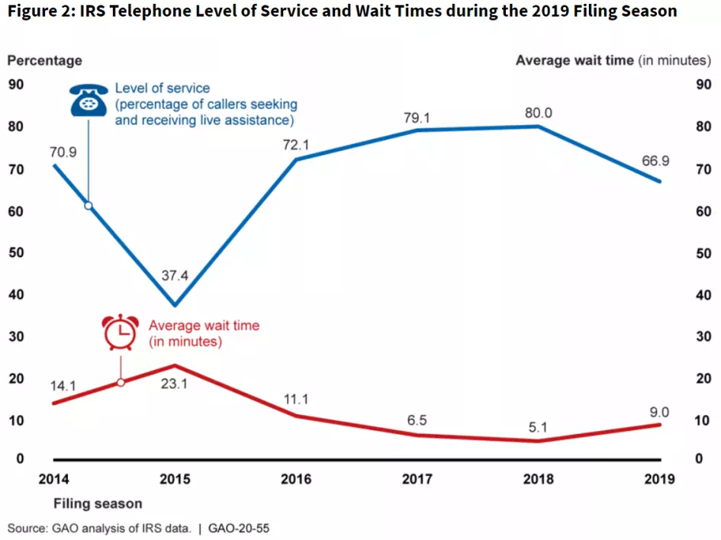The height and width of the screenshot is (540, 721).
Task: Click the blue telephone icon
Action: coord(89,101)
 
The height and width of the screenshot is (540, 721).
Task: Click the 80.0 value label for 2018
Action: coord(539,113)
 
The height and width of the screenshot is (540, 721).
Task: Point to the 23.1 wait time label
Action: coord(175,384)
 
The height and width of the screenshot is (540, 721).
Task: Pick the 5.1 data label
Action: coord(539,428)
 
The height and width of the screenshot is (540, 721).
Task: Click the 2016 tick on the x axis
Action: coord(296,479)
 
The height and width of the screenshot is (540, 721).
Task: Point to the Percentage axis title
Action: coord(45,60)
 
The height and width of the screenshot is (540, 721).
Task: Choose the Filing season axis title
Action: coord(98,504)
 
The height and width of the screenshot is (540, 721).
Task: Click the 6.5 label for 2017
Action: coord(418,420)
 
